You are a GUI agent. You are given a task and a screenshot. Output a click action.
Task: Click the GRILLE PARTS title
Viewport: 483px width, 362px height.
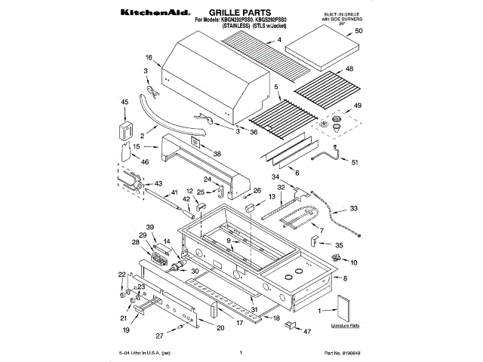239,14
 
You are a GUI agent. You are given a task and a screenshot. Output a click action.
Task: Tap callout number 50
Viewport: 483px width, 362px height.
359,31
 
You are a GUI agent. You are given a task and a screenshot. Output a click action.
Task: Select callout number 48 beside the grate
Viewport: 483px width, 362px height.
350,69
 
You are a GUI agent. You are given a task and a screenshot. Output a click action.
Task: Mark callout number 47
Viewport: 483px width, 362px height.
307,330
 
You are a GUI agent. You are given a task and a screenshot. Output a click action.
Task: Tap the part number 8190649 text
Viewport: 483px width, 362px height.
344,352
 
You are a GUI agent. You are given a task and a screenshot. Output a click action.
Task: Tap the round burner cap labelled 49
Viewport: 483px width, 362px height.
329,122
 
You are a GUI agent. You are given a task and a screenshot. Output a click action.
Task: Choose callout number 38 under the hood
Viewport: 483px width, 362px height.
217,153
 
